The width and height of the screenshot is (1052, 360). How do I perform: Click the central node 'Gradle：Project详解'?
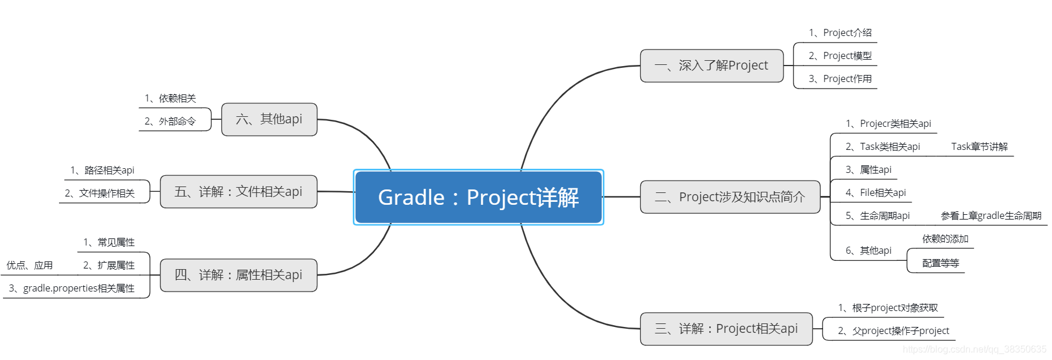(x=479, y=197)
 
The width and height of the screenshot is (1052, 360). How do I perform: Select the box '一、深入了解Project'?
(x=712, y=66)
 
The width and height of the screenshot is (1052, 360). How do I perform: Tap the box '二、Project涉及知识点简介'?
(x=730, y=197)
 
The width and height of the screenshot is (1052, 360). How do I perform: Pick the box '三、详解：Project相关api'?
(x=726, y=329)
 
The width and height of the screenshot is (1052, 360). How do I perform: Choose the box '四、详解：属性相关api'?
(x=238, y=275)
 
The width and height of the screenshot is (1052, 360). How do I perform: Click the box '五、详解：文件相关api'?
(x=238, y=192)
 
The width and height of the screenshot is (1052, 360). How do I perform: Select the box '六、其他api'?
(x=269, y=119)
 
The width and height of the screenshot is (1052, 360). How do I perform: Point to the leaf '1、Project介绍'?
(x=840, y=33)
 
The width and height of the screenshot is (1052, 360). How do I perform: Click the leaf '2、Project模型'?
(x=840, y=56)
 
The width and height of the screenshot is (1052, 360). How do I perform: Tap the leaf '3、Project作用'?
(x=840, y=79)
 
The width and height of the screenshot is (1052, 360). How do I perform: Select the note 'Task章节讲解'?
(x=979, y=147)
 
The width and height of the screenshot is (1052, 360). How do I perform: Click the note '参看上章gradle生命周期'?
(x=991, y=216)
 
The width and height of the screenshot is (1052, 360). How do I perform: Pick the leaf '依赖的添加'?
(x=945, y=239)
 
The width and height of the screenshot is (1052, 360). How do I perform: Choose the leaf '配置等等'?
(x=940, y=263)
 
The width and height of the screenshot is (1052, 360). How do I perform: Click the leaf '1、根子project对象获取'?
(x=888, y=308)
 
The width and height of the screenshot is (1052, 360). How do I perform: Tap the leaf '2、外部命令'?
(x=170, y=122)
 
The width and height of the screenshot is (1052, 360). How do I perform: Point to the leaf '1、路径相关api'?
(x=102, y=171)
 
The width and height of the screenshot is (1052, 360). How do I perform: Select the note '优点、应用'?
(x=30, y=266)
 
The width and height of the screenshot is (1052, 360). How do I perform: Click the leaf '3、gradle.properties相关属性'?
(x=71, y=289)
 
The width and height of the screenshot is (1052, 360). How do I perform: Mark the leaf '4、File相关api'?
(x=876, y=193)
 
